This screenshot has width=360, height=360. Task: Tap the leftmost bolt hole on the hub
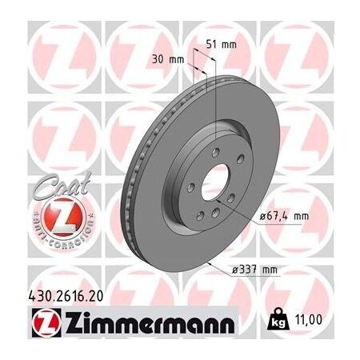pos(190,186)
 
